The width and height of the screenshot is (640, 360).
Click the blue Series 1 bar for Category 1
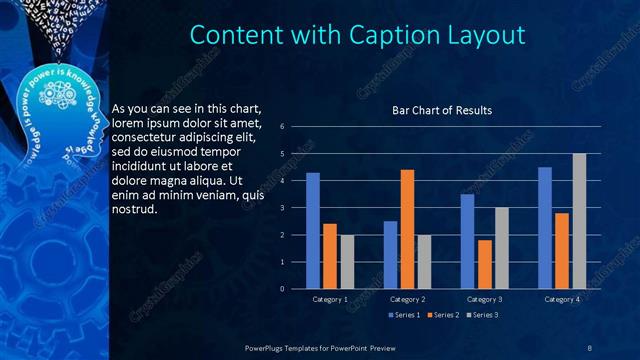coord(313,230)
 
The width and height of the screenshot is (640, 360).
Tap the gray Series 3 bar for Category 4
coord(579,221)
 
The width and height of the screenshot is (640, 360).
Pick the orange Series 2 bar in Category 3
coord(485,264)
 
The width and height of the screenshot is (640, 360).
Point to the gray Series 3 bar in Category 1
coord(347,261)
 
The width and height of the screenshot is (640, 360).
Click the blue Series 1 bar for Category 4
coord(545,227)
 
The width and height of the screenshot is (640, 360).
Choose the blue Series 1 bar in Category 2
coord(390,254)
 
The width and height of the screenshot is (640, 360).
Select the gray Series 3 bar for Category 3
coord(502,248)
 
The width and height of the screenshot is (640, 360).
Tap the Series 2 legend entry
coord(444,315)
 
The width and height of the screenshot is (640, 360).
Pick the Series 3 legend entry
coord(483,315)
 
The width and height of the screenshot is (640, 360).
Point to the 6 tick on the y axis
coord(283,127)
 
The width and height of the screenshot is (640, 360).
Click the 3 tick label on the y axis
coord(283,208)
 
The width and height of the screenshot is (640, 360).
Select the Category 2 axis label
coord(407,299)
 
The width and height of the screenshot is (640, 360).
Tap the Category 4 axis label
coord(562,299)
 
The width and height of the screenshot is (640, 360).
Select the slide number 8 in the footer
coord(588,346)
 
